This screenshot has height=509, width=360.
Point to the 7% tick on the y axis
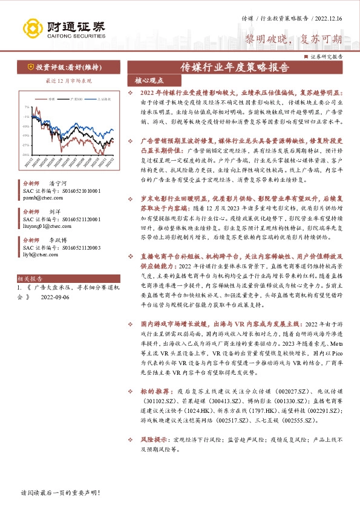pos(27,107)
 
